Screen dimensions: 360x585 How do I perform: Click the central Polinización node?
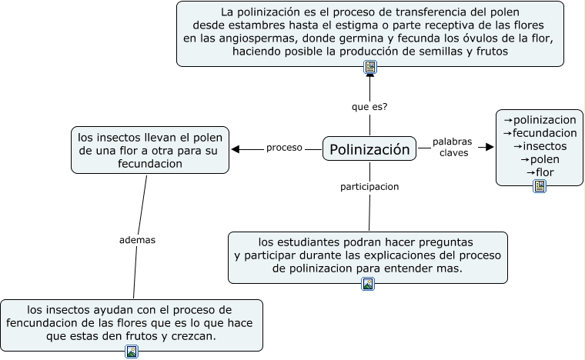[369, 149]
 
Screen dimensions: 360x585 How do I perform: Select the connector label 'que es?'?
[369, 107]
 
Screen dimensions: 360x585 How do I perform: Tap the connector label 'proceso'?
[284, 148]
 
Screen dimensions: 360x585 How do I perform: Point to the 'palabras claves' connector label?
[452, 147]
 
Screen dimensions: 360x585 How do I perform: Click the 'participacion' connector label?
[369, 186]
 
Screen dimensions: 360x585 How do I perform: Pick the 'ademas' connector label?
[138, 239]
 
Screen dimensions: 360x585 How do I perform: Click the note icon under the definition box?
[370, 67]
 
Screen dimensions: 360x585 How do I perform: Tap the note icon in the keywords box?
[540, 185]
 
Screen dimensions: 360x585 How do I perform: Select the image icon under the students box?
[368, 284]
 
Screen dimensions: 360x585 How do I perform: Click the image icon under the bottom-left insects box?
[132, 352]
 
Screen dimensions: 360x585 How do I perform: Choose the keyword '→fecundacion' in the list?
[540, 133]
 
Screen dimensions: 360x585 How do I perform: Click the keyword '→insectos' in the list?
[540, 146]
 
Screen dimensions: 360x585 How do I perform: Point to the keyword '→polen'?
[540, 159]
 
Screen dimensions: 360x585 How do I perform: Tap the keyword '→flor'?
[540, 172]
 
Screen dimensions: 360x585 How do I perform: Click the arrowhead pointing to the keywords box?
[487, 146]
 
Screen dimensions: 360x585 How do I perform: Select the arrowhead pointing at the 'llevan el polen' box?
[236, 149]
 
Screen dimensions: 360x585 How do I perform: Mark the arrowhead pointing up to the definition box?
[370, 75]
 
